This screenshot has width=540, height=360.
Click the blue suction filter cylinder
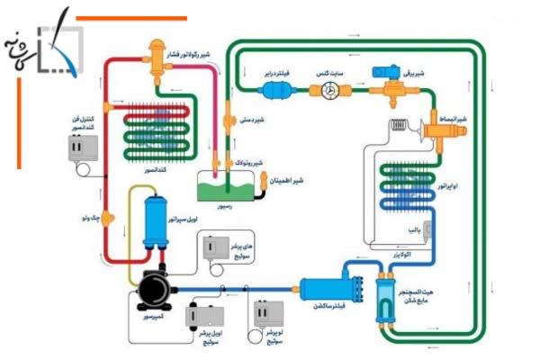point(329,288)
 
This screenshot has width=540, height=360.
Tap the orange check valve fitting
point(107,217)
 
